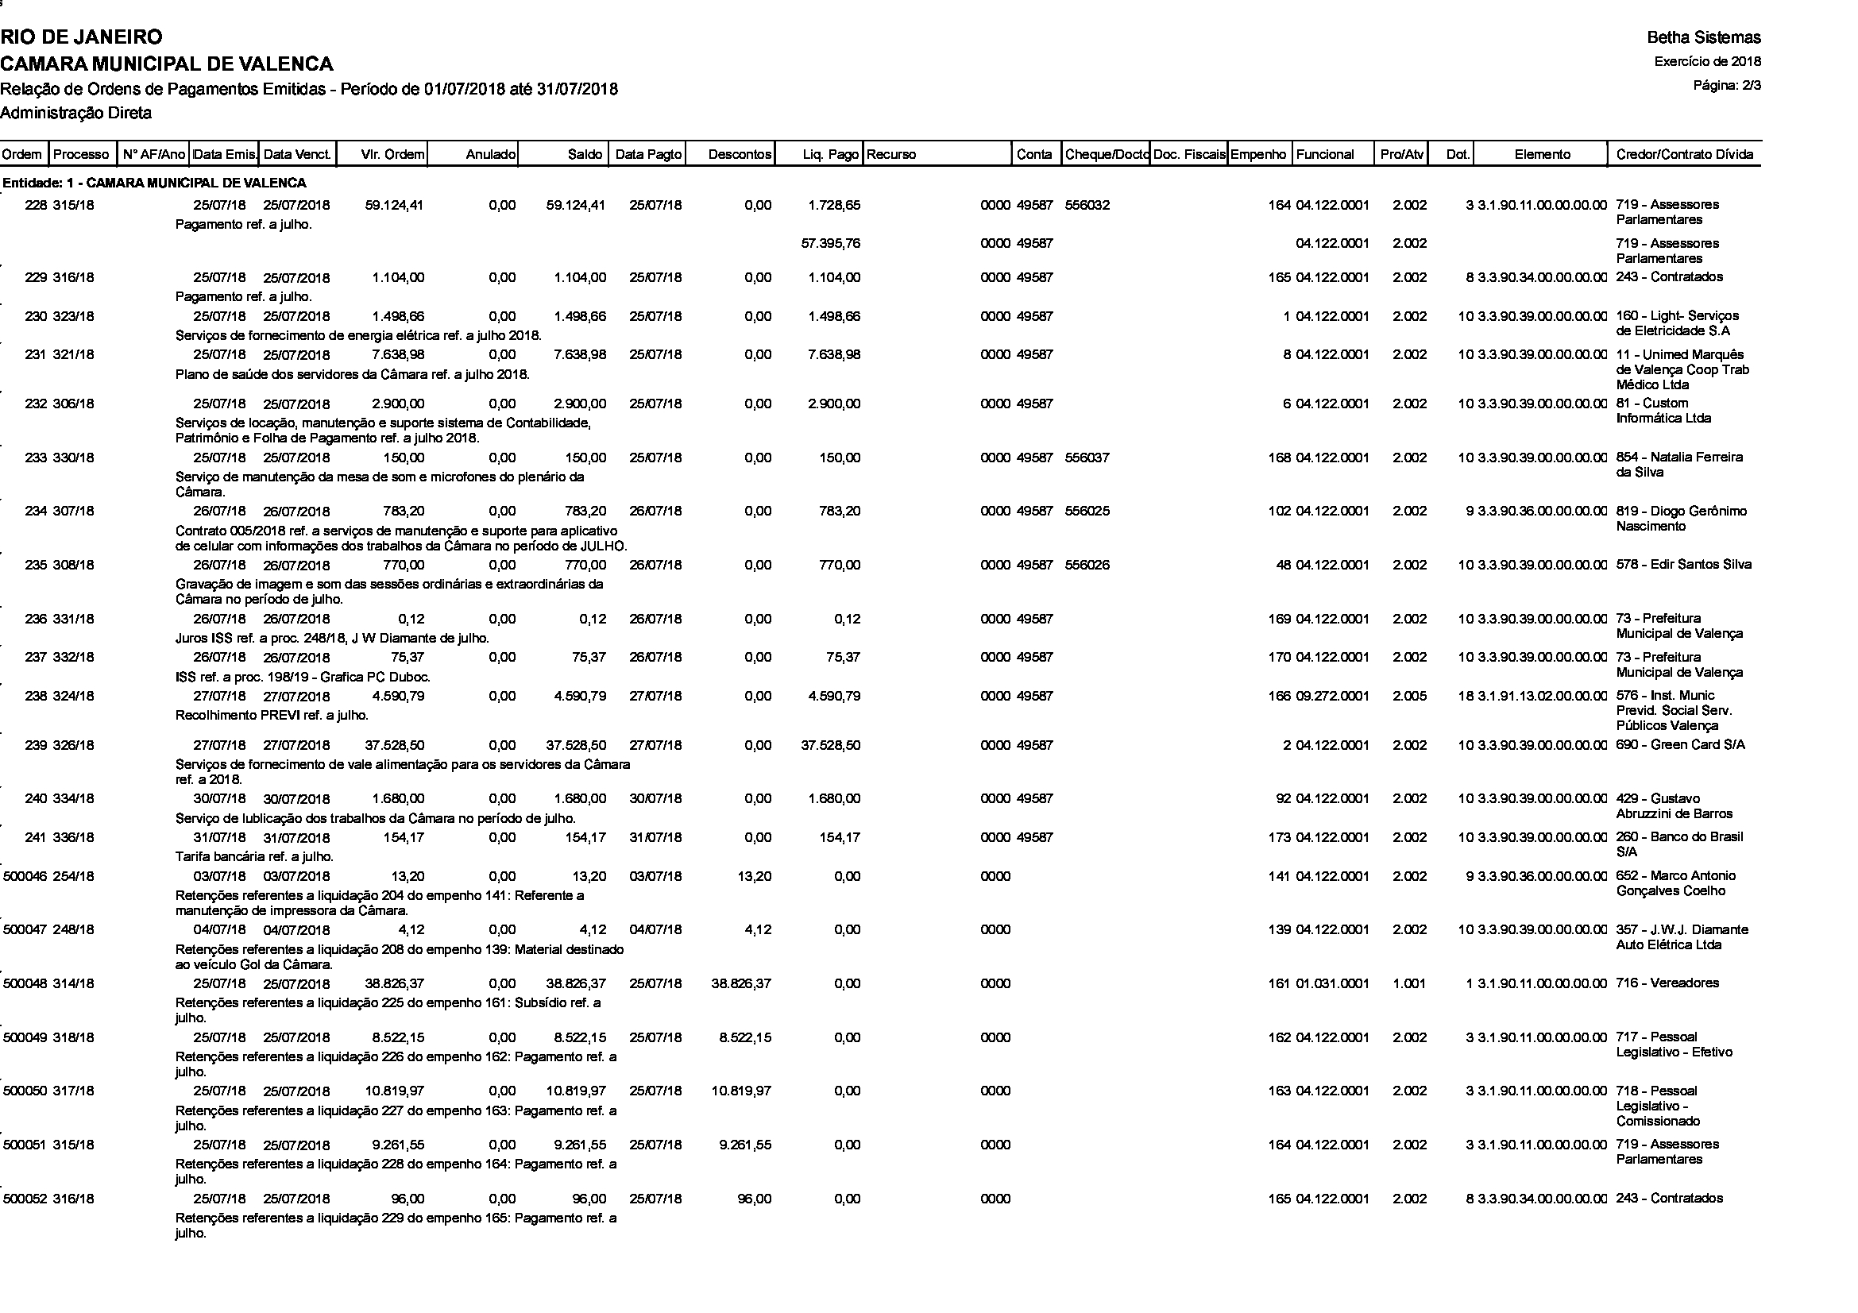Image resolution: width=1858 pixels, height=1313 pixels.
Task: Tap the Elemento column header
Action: tap(1543, 155)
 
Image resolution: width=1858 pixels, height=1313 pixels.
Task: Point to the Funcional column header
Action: tap(1325, 155)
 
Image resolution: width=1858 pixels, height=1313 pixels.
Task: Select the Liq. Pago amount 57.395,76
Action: tap(830, 244)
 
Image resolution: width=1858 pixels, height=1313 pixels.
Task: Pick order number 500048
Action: tap(25, 983)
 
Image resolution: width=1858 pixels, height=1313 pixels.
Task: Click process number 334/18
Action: tap(74, 798)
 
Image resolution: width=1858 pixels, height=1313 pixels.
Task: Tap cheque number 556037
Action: tap(1087, 458)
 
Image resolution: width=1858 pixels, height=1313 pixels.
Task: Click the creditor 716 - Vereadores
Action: tap(1667, 983)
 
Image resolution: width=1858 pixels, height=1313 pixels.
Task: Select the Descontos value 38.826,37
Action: tap(740, 983)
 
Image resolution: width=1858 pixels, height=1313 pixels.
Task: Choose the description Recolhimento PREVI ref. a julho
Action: tap(272, 715)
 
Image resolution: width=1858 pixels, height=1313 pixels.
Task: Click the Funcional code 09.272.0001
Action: tap(1332, 696)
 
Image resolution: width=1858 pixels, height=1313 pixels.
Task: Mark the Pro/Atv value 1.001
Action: tap(1409, 983)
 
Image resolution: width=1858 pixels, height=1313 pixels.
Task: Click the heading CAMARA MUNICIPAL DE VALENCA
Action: tap(167, 63)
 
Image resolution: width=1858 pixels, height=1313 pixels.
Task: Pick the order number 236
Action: tap(36, 619)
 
